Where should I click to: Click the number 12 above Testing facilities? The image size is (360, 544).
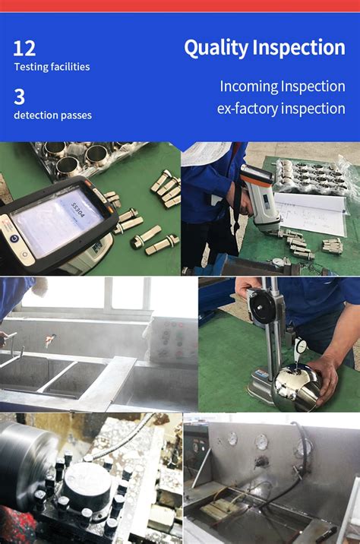[24, 49]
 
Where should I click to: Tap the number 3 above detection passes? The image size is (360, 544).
[20, 96]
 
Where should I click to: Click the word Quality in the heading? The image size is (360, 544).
[216, 48]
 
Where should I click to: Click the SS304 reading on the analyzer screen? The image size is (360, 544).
[77, 210]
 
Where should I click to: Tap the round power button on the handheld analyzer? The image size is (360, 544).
[14, 239]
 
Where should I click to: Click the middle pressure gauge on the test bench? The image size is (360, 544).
[262, 441]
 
